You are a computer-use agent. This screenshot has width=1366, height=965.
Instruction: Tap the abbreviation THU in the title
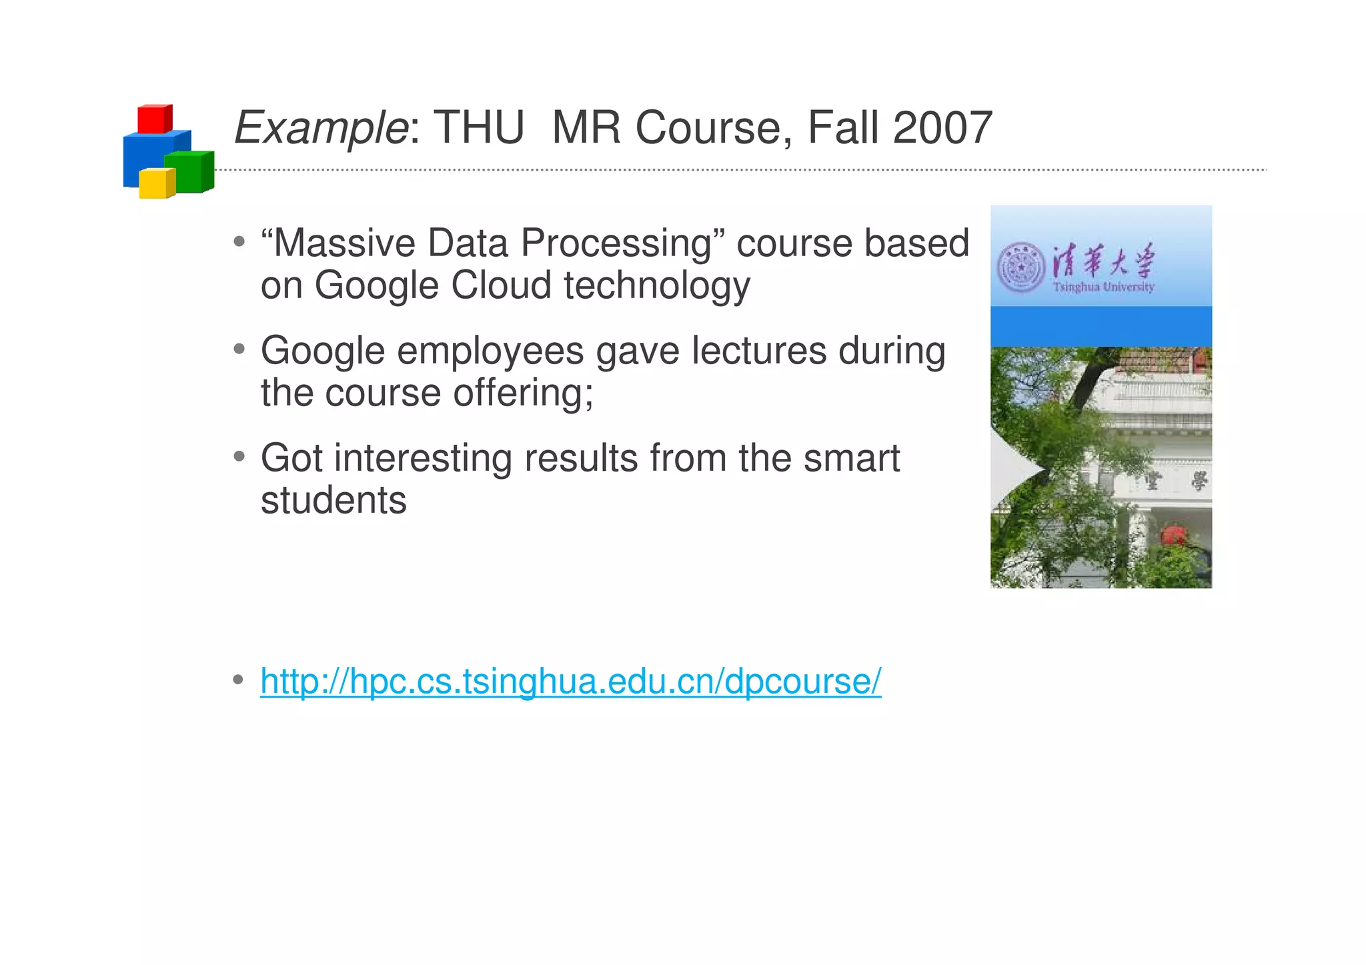click(479, 128)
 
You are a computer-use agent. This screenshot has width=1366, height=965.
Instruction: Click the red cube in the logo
click(154, 119)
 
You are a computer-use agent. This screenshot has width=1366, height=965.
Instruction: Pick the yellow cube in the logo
click(157, 183)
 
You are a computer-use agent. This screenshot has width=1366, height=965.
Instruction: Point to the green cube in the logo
click(189, 172)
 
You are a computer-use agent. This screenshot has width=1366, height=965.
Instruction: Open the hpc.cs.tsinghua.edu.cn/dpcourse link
click(570, 682)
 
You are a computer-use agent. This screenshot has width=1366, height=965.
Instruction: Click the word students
click(333, 500)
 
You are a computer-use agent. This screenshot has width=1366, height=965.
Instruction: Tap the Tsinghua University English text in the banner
click(1103, 287)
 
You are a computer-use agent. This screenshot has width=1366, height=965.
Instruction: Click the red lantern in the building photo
click(1173, 535)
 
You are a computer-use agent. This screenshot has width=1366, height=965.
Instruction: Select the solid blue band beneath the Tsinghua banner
click(1101, 327)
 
